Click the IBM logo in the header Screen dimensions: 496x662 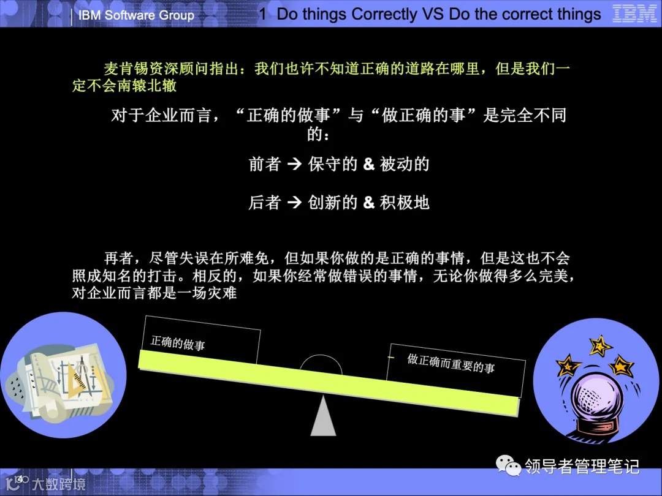tap(634, 14)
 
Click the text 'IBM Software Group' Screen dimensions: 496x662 tap(136, 15)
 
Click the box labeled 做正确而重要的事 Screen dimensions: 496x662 tap(456, 364)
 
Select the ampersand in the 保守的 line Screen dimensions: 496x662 tap(368, 165)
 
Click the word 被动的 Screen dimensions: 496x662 tap(405, 164)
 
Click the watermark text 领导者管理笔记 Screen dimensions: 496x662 tap(582, 467)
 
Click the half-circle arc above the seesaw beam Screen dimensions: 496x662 tap(321, 364)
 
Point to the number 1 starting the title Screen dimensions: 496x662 tap(263, 15)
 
